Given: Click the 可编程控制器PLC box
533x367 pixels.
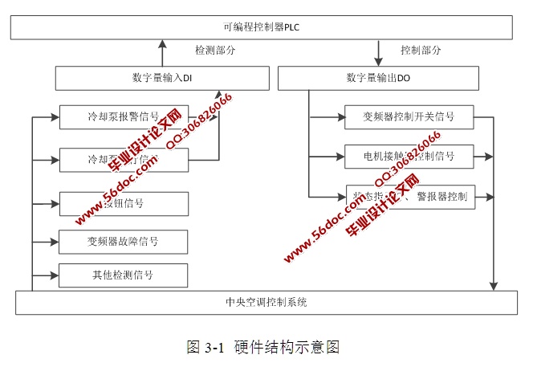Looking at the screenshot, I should click(262, 27).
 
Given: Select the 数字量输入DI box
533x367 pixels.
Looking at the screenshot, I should click(162, 78).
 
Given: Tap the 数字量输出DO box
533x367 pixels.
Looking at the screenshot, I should click(377, 78).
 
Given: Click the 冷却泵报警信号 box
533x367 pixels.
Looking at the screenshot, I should click(124, 117).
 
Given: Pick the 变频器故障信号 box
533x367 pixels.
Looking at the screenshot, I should click(124, 241).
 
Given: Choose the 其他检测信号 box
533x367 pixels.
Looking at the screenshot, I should click(124, 275).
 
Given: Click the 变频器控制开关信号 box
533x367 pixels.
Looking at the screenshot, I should click(409, 117).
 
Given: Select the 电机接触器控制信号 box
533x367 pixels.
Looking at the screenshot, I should click(409, 156).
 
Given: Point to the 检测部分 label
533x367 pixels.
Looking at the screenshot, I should click(215, 51).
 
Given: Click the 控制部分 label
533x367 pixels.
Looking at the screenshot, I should click(421, 51).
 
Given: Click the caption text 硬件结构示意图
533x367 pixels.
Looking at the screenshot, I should click(288, 347).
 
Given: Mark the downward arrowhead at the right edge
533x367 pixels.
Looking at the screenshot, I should click(494, 285).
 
